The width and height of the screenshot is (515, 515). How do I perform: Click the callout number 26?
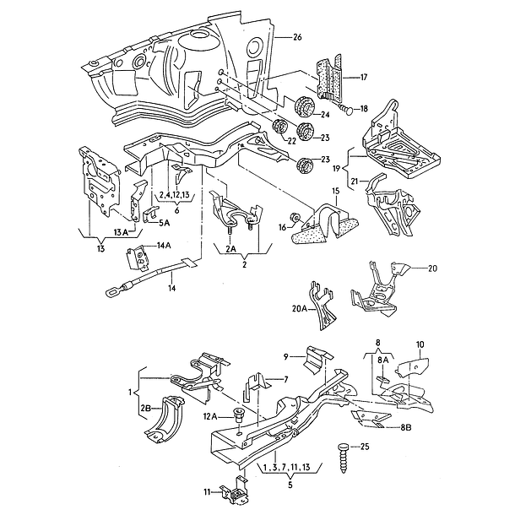(x=296, y=38)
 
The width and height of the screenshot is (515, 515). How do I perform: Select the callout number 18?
(x=364, y=108)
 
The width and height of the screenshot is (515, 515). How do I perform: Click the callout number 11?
(x=206, y=491)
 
